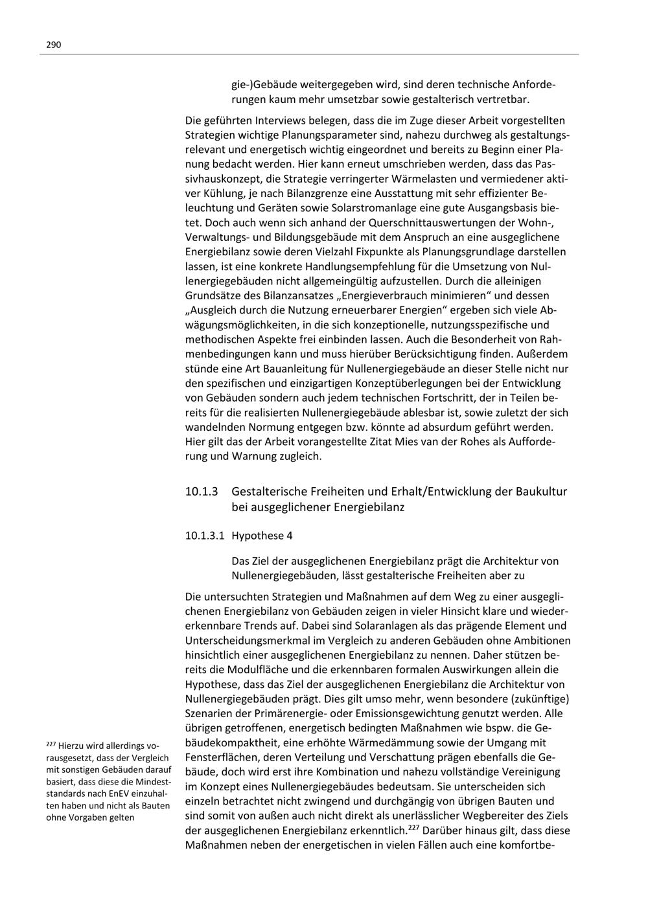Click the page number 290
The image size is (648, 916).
point(53,45)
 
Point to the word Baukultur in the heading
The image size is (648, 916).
point(541,491)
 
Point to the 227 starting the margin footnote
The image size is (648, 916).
point(51,746)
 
